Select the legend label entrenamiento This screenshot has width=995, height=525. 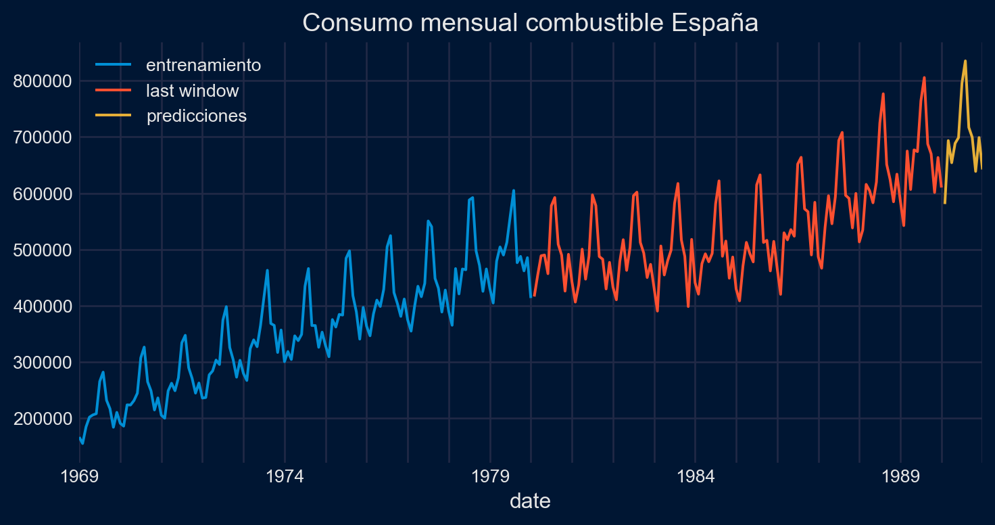(x=203, y=66)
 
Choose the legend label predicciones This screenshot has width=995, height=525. (x=197, y=116)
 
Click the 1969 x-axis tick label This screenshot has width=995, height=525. (x=80, y=476)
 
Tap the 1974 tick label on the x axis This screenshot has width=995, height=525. (x=285, y=476)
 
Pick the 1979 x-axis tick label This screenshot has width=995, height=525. (x=490, y=476)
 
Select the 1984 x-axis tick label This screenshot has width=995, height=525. (x=696, y=476)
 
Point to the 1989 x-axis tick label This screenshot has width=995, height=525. (x=901, y=476)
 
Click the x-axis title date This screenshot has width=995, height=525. (x=530, y=501)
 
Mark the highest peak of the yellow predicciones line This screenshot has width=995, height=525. (x=965, y=61)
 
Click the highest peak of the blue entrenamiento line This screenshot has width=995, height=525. (x=513, y=190)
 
